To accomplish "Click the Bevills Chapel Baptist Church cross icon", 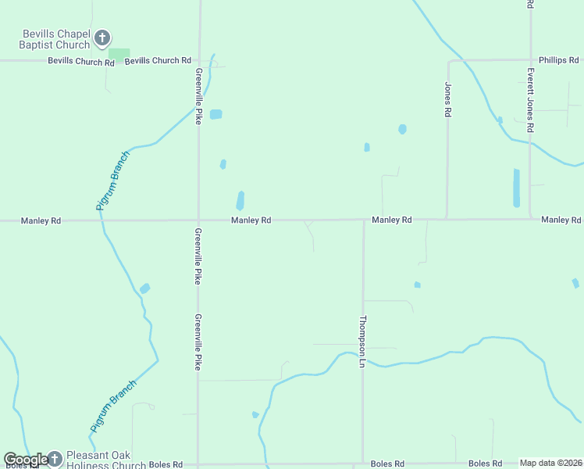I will [101, 38].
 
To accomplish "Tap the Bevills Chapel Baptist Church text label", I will [55, 40].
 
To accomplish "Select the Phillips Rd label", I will [558, 60].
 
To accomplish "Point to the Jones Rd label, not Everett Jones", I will [448, 100].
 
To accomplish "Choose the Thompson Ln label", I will [362, 342].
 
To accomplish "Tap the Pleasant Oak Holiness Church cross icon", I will [55, 458].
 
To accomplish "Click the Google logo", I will [25, 460].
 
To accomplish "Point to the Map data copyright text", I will [550, 463].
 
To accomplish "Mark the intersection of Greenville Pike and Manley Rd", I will [198, 220].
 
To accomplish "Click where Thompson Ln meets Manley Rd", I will [363, 220].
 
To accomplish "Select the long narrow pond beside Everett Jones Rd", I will [516, 188].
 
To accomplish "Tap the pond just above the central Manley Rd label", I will [240, 200].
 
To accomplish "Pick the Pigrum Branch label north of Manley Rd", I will [112, 181].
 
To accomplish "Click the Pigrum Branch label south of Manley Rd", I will [112, 406].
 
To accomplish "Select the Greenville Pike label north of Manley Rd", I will [198, 96].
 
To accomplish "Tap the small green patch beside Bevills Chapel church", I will [119, 53].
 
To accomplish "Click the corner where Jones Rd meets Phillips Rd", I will [448, 61].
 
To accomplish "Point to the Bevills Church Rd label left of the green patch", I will [76, 60].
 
